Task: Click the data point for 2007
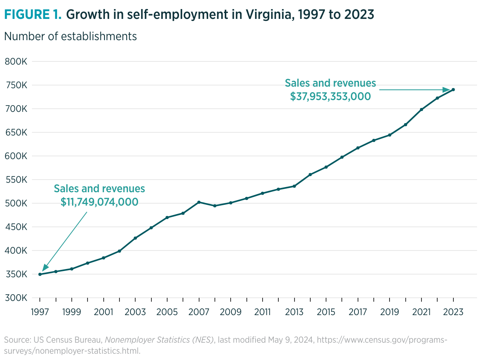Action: (x=199, y=202)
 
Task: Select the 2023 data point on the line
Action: (x=453, y=90)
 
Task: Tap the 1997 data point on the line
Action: (x=40, y=274)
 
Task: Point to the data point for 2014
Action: (x=310, y=174)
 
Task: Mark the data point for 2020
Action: (x=406, y=124)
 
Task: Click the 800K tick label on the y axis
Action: (x=16, y=62)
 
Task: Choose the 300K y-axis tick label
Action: (x=16, y=298)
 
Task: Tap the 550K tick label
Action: (x=16, y=180)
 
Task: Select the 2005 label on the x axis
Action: (x=167, y=312)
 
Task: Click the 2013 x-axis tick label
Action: (x=294, y=312)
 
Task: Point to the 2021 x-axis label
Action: (x=421, y=312)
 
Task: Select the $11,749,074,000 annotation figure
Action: (x=99, y=202)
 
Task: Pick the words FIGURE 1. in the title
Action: (x=33, y=14)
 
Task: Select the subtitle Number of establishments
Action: (x=70, y=36)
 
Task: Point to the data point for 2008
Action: (x=215, y=206)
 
